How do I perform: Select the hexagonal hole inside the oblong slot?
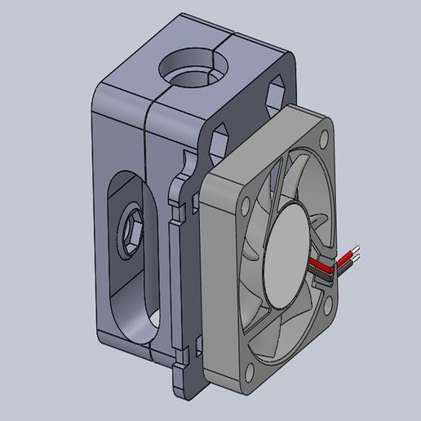pyautogui.click(x=131, y=233)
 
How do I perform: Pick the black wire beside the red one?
pyautogui.click(x=325, y=277)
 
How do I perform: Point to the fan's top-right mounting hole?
pyautogui.click(x=325, y=138)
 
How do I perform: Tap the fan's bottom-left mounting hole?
pyautogui.click(x=249, y=372)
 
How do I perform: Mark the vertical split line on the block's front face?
pyautogui.click(x=148, y=228)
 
